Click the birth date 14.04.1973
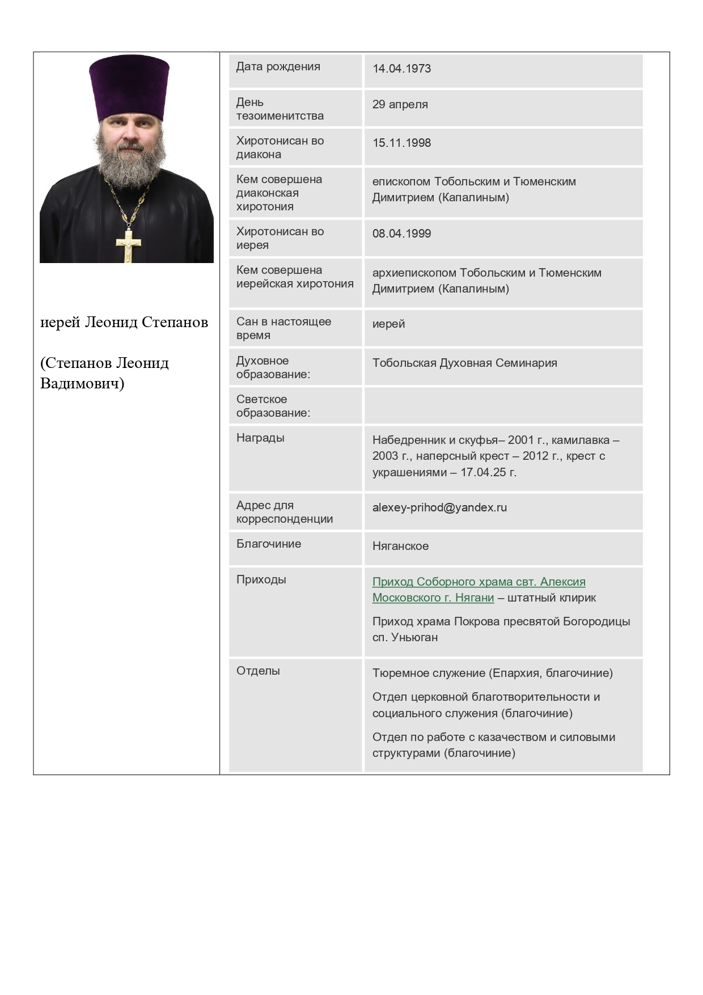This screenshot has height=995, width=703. tap(401, 69)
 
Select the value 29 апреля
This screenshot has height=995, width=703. tap(400, 104)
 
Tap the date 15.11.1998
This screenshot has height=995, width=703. tap(401, 143)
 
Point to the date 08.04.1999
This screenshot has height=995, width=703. tap(401, 234)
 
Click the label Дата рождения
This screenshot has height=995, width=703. tap(278, 67)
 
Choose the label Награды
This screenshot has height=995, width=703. tap(260, 438)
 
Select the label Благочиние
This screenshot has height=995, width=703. tap(269, 544)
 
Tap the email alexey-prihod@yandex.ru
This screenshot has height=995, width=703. tap(439, 507)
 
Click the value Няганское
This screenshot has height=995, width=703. tap(400, 546)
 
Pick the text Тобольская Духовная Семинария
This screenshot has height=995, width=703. tap(464, 363)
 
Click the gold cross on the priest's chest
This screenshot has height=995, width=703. tap(129, 245)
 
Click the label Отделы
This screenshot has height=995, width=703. tap(258, 671)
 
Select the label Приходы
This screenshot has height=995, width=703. tap(261, 579)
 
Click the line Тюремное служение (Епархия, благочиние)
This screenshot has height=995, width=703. tap(492, 673)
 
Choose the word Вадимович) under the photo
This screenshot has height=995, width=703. tap(82, 384)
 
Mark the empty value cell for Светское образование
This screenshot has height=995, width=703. tap(503, 406)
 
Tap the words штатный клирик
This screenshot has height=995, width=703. tap(551, 598)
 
